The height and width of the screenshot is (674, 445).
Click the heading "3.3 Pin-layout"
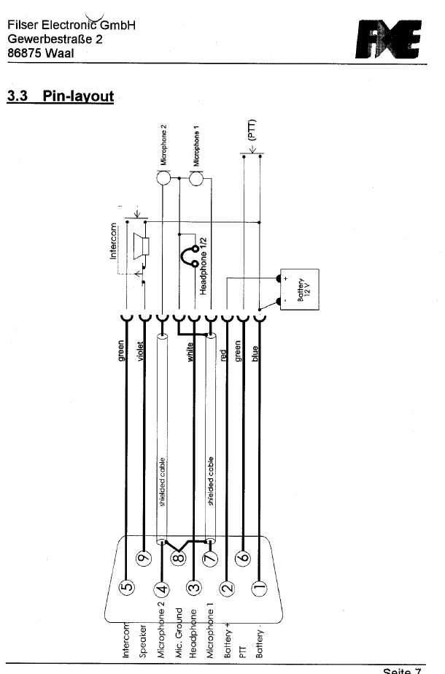60,96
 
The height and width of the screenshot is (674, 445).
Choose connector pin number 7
210,559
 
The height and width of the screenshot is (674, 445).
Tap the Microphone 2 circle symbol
163,178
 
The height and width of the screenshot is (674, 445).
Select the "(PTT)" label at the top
251,131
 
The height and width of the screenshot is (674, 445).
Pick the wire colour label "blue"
255,359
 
